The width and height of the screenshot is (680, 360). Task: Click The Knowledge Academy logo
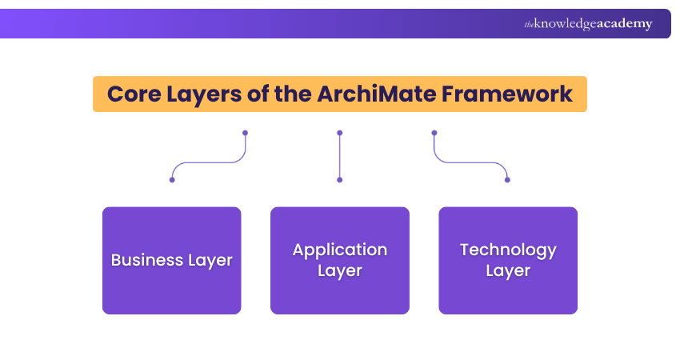[588, 24]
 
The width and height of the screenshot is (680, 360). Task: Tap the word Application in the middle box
[340, 250]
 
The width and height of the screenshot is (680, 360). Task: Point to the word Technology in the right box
[508, 250]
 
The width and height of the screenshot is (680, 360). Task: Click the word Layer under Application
[340, 271]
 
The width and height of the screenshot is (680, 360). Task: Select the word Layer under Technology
[508, 271]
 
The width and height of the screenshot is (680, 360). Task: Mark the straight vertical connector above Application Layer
[340, 156]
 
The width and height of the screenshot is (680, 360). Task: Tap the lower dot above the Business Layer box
[172, 180]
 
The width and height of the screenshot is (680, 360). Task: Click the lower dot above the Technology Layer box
[508, 180]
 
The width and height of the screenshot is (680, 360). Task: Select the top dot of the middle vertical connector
[340, 133]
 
